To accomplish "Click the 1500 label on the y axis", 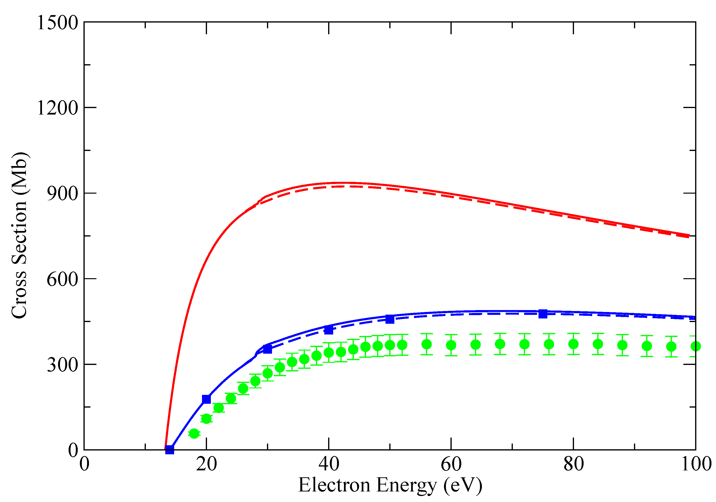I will point(57,23).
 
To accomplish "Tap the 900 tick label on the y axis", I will point(62,194).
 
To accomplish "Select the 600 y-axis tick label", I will point(62,279).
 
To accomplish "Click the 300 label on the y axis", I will point(62,365).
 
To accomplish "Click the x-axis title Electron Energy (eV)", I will point(390,485).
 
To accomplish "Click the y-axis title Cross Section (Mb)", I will point(19,236).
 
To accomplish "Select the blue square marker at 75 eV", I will point(543,314).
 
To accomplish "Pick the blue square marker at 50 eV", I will point(390,319).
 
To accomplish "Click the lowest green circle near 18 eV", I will point(194,433).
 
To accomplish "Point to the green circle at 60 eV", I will point(451,345).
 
